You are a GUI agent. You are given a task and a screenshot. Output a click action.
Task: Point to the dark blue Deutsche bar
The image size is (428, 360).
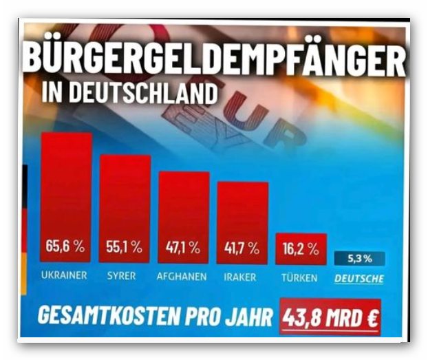pos(359,259)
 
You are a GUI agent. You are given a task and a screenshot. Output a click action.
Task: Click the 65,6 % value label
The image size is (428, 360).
pos(66,246)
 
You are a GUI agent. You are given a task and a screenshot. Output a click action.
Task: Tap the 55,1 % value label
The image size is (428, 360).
pos(125,246)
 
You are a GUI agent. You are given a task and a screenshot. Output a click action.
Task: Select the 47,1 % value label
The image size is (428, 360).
pos(184,246)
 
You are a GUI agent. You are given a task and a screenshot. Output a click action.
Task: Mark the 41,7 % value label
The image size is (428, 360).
pos(242,246)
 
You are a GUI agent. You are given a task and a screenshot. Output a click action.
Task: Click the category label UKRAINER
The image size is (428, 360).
pos(64,277)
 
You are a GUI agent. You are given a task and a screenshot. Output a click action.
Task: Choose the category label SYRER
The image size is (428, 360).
pos(121,277)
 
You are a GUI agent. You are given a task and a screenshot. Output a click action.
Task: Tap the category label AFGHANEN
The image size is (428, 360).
pos(181,277)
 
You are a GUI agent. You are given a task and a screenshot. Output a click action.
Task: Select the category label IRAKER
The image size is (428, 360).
pos(240,277)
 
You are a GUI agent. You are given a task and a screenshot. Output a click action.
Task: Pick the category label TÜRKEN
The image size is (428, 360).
pos(299,277)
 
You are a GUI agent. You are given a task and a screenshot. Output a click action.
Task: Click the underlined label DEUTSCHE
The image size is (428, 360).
pos(359,278)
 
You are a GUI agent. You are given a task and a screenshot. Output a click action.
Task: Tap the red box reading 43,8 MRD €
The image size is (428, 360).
pos(331,317)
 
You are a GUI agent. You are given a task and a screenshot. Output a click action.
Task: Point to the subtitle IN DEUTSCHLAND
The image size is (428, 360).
pos(133,94)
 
